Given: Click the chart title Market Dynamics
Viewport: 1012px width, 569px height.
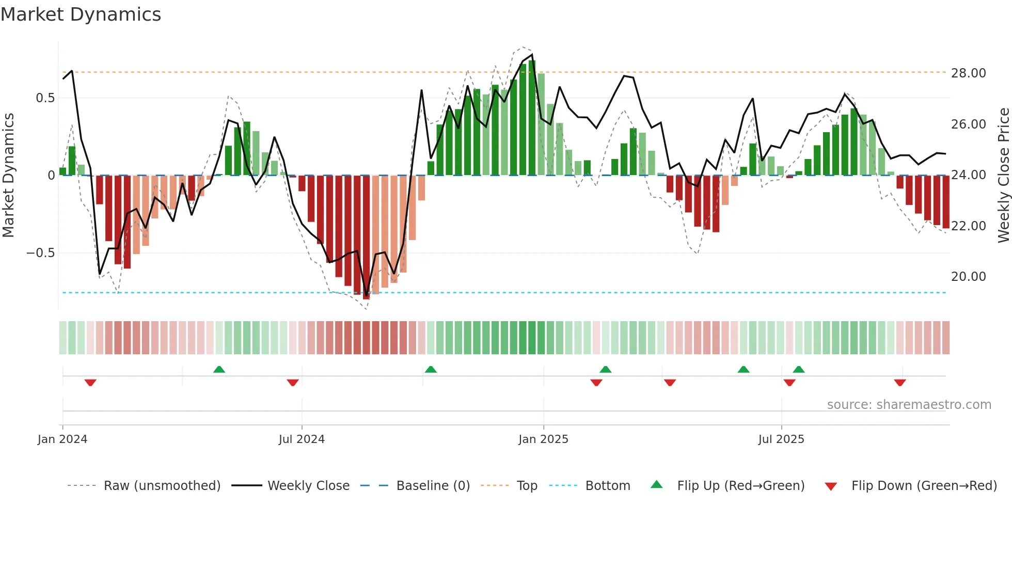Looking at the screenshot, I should tap(81, 14).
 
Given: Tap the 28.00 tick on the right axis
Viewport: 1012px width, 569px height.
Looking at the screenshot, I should tap(968, 73).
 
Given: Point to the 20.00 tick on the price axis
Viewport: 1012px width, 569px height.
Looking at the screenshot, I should tap(968, 277).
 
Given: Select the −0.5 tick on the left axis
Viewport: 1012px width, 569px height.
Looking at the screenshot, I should tap(40, 253).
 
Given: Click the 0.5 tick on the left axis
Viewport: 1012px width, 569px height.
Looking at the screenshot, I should tap(45, 98).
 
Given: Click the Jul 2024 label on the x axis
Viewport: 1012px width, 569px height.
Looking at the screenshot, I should tap(302, 439).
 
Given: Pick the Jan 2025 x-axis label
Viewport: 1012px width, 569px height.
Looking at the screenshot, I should tap(543, 439).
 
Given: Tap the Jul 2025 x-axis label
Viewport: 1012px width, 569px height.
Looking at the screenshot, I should tap(781, 439).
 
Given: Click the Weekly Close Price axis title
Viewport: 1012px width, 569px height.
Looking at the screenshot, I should tap(1003, 176).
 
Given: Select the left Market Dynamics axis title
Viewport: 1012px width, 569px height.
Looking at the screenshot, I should tap(8, 176).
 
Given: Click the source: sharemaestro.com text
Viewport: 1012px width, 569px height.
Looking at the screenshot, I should tap(909, 405).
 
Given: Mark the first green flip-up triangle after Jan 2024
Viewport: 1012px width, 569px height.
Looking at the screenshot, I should tap(219, 369).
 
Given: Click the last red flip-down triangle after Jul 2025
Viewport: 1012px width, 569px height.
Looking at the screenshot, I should tap(900, 383).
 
